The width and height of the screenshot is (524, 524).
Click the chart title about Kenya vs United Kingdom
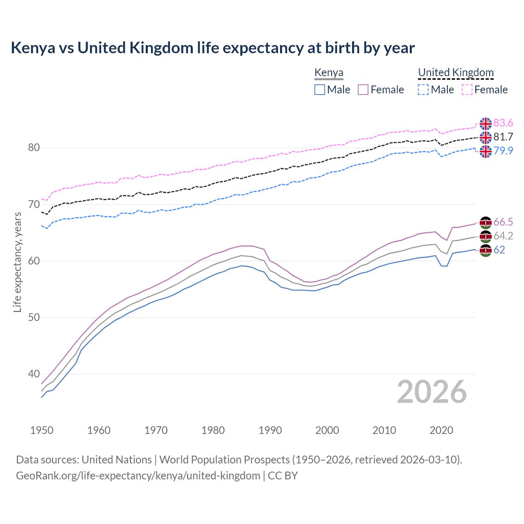[x=213, y=48]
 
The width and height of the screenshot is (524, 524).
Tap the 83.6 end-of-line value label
[x=503, y=123]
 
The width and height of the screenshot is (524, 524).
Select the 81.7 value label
[x=503, y=137]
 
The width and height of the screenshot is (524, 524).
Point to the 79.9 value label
[x=503, y=151]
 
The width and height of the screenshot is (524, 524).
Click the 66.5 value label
[x=503, y=222]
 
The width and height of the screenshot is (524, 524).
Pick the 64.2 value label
[x=503, y=236]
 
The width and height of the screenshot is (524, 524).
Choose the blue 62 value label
[x=499, y=250]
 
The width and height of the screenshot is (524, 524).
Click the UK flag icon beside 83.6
[x=486, y=123]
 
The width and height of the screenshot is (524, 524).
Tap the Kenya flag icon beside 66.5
[x=486, y=223]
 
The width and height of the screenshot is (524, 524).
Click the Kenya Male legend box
[x=320, y=90]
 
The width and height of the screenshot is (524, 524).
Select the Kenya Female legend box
[x=363, y=90]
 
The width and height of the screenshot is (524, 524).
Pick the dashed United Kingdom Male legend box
[x=423, y=90]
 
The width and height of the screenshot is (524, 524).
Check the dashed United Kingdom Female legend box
[x=467, y=90]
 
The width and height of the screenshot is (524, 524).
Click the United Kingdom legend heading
[x=456, y=72]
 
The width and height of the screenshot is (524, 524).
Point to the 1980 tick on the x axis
[x=213, y=430]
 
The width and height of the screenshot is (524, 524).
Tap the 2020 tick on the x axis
[x=441, y=430]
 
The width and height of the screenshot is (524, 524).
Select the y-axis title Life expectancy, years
[x=17, y=262]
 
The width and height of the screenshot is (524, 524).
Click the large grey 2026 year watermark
[x=432, y=392]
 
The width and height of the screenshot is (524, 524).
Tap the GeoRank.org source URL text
[x=138, y=476]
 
